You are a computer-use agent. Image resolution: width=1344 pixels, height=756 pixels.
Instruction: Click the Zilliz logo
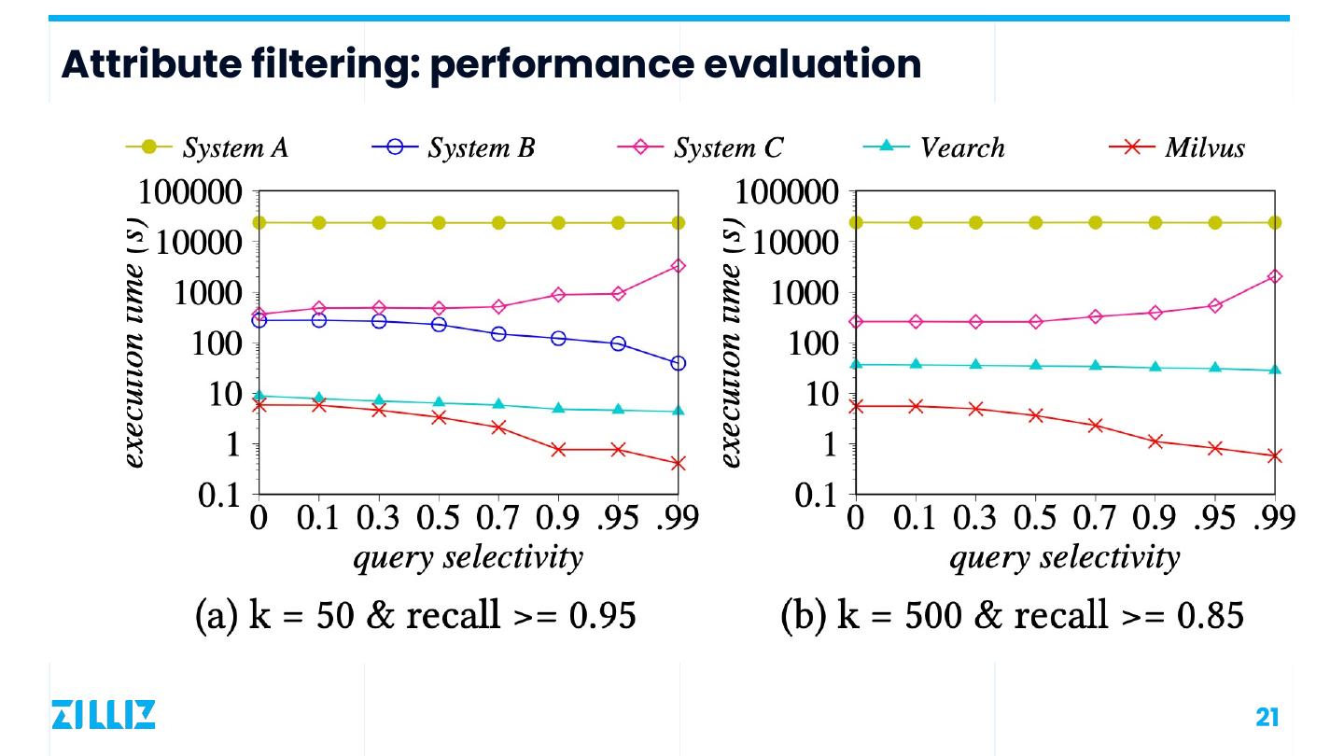tap(103, 715)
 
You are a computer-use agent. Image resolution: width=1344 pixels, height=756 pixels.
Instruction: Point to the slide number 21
tap(1267, 717)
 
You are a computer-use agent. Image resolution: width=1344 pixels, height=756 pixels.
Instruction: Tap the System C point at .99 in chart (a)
tap(679, 266)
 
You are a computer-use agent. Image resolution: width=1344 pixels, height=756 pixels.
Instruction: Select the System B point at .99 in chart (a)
tap(679, 363)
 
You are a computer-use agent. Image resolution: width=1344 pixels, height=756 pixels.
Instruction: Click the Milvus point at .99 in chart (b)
tap(1275, 456)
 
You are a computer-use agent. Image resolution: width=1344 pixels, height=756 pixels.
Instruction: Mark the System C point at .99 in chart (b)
tap(1275, 276)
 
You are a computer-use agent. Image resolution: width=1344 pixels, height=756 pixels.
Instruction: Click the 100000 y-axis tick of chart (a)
tap(190, 193)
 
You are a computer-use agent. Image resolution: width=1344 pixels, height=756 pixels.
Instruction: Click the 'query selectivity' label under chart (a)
tap(467, 558)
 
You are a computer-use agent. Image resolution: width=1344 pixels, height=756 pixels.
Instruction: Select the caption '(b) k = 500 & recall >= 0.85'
tap(1012, 616)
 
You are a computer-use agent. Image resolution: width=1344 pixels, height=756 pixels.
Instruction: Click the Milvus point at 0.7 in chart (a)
tap(498, 427)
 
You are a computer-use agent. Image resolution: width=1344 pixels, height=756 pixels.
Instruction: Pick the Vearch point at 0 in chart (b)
tap(856, 364)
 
